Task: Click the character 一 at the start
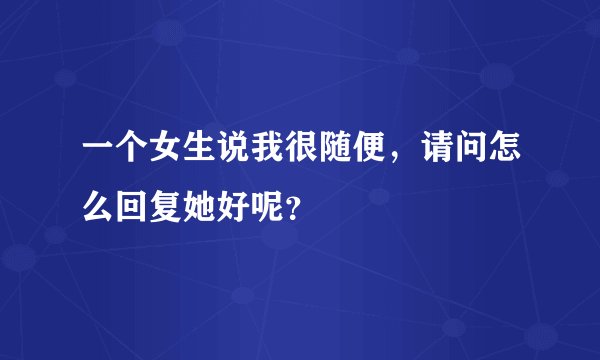point(98,157)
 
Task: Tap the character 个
point(133,157)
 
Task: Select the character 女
point(169,157)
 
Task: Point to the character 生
point(204,157)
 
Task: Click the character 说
point(240,157)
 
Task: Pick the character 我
point(275,157)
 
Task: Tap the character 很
point(311,157)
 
